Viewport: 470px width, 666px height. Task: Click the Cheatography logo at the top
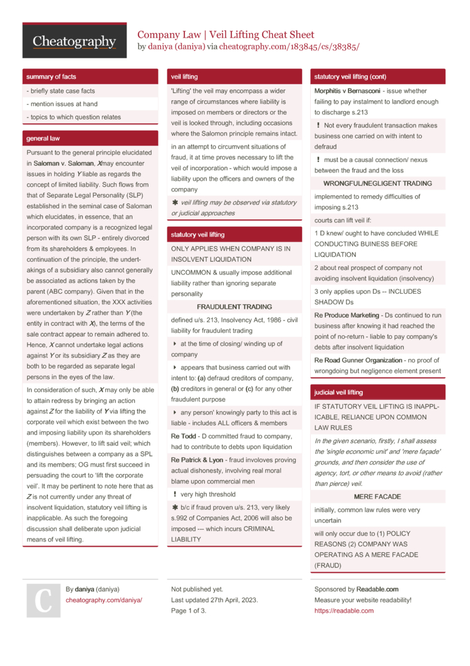pyautogui.click(x=74, y=41)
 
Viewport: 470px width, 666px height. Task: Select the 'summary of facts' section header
pyautogui.click(x=51, y=77)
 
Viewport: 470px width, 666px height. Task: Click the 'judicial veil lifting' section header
pyautogui.click(x=338, y=392)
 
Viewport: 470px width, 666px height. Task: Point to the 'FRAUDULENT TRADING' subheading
pyautogui.click(x=234, y=307)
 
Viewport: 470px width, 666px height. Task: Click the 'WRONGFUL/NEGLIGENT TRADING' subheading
pyautogui.click(x=377, y=183)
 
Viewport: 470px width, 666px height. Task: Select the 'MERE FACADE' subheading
pyautogui.click(x=377, y=497)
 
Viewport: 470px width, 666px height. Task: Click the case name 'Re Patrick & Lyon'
pyautogui.click(x=197, y=459)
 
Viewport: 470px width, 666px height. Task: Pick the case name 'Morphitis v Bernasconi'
pyautogui.click(x=347, y=91)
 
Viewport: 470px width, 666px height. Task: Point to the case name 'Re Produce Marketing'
pyautogui.click(x=347, y=315)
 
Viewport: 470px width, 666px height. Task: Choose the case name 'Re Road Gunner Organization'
pyautogui.click(x=358, y=360)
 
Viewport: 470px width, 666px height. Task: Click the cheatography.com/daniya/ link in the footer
pyautogui.click(x=104, y=600)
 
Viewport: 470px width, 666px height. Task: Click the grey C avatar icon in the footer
pyautogui.click(x=43, y=600)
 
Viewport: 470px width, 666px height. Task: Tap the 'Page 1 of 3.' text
pyautogui.click(x=189, y=610)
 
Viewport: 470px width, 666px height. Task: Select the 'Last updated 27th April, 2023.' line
pyautogui.click(x=214, y=600)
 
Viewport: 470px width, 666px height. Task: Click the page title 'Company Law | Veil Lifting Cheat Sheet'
pyautogui.click(x=226, y=35)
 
